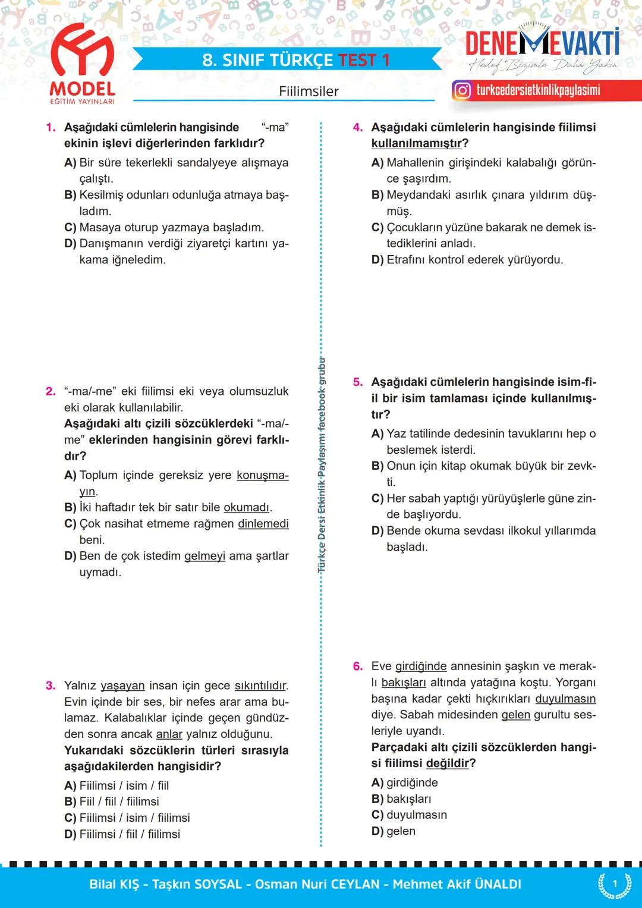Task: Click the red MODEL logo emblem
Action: coord(83,54)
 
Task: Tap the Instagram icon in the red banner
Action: coord(462,90)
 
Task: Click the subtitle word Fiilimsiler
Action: coord(309,92)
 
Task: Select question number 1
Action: coord(51,127)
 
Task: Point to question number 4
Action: coord(358,127)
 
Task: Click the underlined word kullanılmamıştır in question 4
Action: coord(416,143)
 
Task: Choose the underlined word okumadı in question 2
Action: coord(246,508)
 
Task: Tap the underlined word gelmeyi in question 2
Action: coord(204,556)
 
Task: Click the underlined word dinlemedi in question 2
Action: coord(263,524)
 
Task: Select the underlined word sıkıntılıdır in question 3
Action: coord(260,686)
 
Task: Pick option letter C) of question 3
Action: coord(70,818)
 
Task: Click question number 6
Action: coord(358,666)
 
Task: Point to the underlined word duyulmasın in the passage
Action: coord(565,699)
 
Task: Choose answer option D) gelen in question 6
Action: coord(394,831)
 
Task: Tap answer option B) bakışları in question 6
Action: coord(401,799)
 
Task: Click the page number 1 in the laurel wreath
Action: coord(615,884)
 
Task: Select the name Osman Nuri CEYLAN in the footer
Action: coord(317,884)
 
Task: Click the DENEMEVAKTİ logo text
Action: coord(542,43)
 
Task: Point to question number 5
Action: coord(358,382)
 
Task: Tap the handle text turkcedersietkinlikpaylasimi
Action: coord(538,90)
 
